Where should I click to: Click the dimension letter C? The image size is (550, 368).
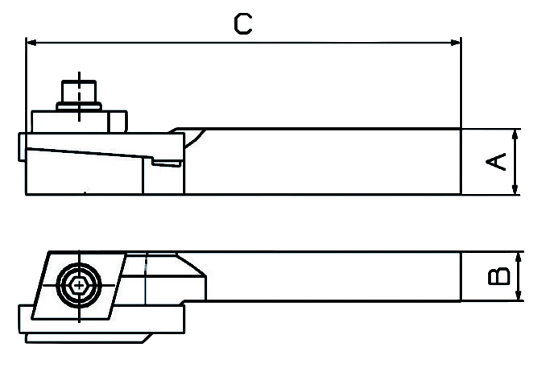pos(242,24)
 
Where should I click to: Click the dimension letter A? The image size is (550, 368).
pos(496,161)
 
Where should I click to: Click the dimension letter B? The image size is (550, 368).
pos(498,275)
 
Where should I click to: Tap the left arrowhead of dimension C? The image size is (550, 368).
pos(31,43)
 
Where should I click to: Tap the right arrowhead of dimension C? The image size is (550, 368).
pos(455,43)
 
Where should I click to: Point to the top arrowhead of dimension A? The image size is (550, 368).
pos(515,134)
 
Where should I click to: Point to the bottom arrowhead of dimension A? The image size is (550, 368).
pos(515,188)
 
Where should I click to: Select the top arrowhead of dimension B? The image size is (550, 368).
pos(519,258)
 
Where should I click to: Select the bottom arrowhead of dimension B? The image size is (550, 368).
pos(519,296)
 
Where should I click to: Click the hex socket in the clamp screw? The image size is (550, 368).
pos(80,285)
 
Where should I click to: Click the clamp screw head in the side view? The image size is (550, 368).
pos(79,92)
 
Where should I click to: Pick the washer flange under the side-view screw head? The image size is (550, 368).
pos(79,106)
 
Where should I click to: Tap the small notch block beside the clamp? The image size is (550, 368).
pos(118,122)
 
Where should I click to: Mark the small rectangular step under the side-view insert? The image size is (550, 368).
pos(167,163)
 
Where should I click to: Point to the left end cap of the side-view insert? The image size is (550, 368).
pos(23,147)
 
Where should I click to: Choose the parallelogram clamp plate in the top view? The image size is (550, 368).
pos(80,286)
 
